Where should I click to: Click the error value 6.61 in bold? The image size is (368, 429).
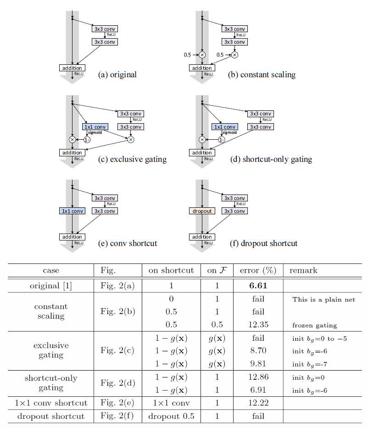point(258,286)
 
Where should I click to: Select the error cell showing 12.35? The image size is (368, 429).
point(258,325)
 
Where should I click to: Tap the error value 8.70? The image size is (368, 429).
point(258,351)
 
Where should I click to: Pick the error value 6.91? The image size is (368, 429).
point(258,390)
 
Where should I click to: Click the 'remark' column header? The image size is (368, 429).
point(303,270)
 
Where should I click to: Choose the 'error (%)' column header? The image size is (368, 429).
point(258,270)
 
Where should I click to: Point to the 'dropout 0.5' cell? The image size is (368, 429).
point(171,416)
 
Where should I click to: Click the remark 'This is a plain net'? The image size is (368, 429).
point(323,299)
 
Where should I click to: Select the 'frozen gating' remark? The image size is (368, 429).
point(314,325)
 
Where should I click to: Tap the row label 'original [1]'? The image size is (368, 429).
point(51,286)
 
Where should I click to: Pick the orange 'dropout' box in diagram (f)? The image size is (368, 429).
point(202,211)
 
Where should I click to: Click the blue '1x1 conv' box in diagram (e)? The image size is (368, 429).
point(72,211)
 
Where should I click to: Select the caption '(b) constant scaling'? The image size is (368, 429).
point(262,74)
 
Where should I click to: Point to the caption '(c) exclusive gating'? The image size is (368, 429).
point(132,159)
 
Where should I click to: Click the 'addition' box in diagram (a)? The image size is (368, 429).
point(72,68)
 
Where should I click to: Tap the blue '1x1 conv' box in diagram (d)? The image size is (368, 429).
point(225,126)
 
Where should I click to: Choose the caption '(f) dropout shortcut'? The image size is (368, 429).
point(263,243)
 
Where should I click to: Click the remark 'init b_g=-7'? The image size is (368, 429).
point(311,364)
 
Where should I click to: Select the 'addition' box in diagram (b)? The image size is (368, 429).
point(202,68)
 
